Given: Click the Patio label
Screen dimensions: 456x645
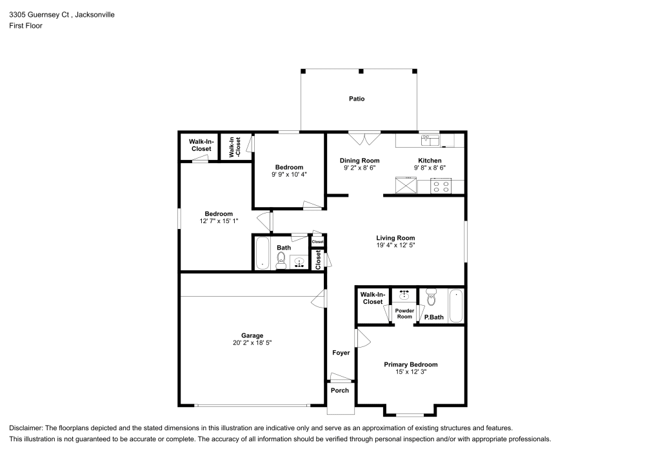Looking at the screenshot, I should tap(357, 99).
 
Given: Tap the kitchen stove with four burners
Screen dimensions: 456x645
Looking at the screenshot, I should tap(441, 186).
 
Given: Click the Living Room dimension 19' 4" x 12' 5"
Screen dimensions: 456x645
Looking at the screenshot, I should tap(395, 245).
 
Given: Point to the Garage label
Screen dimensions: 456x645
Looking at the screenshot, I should tap(252, 335).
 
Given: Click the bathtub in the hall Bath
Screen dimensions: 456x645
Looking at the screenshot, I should tap(262, 253).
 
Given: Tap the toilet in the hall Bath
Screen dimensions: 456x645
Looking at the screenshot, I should tap(281, 260).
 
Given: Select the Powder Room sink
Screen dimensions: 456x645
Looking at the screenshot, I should tap(404, 295).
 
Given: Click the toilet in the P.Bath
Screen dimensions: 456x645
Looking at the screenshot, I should tap(432, 299).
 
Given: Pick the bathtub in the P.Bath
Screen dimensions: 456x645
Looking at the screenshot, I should tap(455, 306).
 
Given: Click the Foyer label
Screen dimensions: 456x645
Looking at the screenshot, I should tap(341, 353).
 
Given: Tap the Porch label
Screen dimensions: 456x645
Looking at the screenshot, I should tap(339, 390).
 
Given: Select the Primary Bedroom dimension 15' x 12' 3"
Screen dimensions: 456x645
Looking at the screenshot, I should tap(410, 372).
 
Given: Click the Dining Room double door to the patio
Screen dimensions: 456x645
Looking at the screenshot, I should tap(364, 139).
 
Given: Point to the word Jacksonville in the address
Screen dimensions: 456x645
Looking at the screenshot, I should tap(94, 14).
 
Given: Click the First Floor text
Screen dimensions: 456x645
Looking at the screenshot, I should tap(26, 26).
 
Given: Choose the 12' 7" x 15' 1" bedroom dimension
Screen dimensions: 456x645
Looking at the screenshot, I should tap(219, 222).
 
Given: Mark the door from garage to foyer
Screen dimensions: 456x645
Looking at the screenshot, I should tap(319, 298).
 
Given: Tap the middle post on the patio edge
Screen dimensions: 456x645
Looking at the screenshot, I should tap(361, 71).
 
